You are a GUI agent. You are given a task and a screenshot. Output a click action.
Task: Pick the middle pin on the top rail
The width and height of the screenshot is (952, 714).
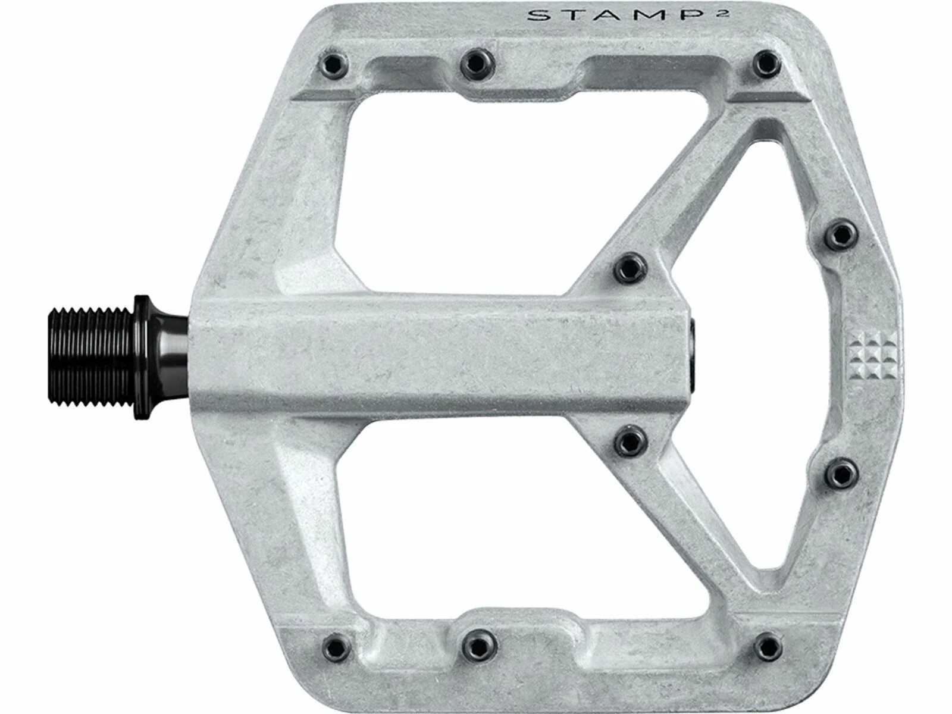click(478, 64)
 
